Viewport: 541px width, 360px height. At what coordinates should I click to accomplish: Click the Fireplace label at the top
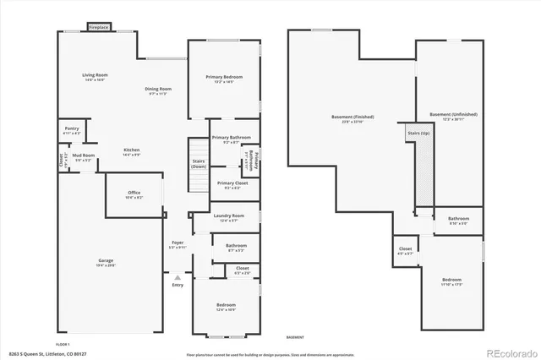(x=99, y=27)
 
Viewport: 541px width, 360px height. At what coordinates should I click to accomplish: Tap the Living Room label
(x=94, y=76)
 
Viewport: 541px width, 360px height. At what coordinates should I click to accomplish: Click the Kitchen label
(x=131, y=150)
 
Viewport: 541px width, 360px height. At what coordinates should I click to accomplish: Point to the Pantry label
(x=72, y=129)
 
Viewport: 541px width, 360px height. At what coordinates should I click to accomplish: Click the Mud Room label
(x=83, y=155)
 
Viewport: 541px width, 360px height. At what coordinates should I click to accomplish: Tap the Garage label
(x=106, y=261)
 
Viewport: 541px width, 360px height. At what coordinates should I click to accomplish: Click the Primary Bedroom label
(x=224, y=77)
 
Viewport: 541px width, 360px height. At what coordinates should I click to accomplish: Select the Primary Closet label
(x=232, y=183)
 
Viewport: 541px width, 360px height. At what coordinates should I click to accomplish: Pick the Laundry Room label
(x=228, y=215)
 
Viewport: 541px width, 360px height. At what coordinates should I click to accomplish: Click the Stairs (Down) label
(x=198, y=163)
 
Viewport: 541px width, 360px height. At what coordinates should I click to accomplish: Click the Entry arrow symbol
(x=178, y=276)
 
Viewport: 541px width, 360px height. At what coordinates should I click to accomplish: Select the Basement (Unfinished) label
(x=453, y=114)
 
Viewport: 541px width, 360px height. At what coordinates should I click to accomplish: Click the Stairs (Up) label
(x=418, y=134)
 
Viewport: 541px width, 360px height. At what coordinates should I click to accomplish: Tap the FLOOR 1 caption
(x=63, y=344)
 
